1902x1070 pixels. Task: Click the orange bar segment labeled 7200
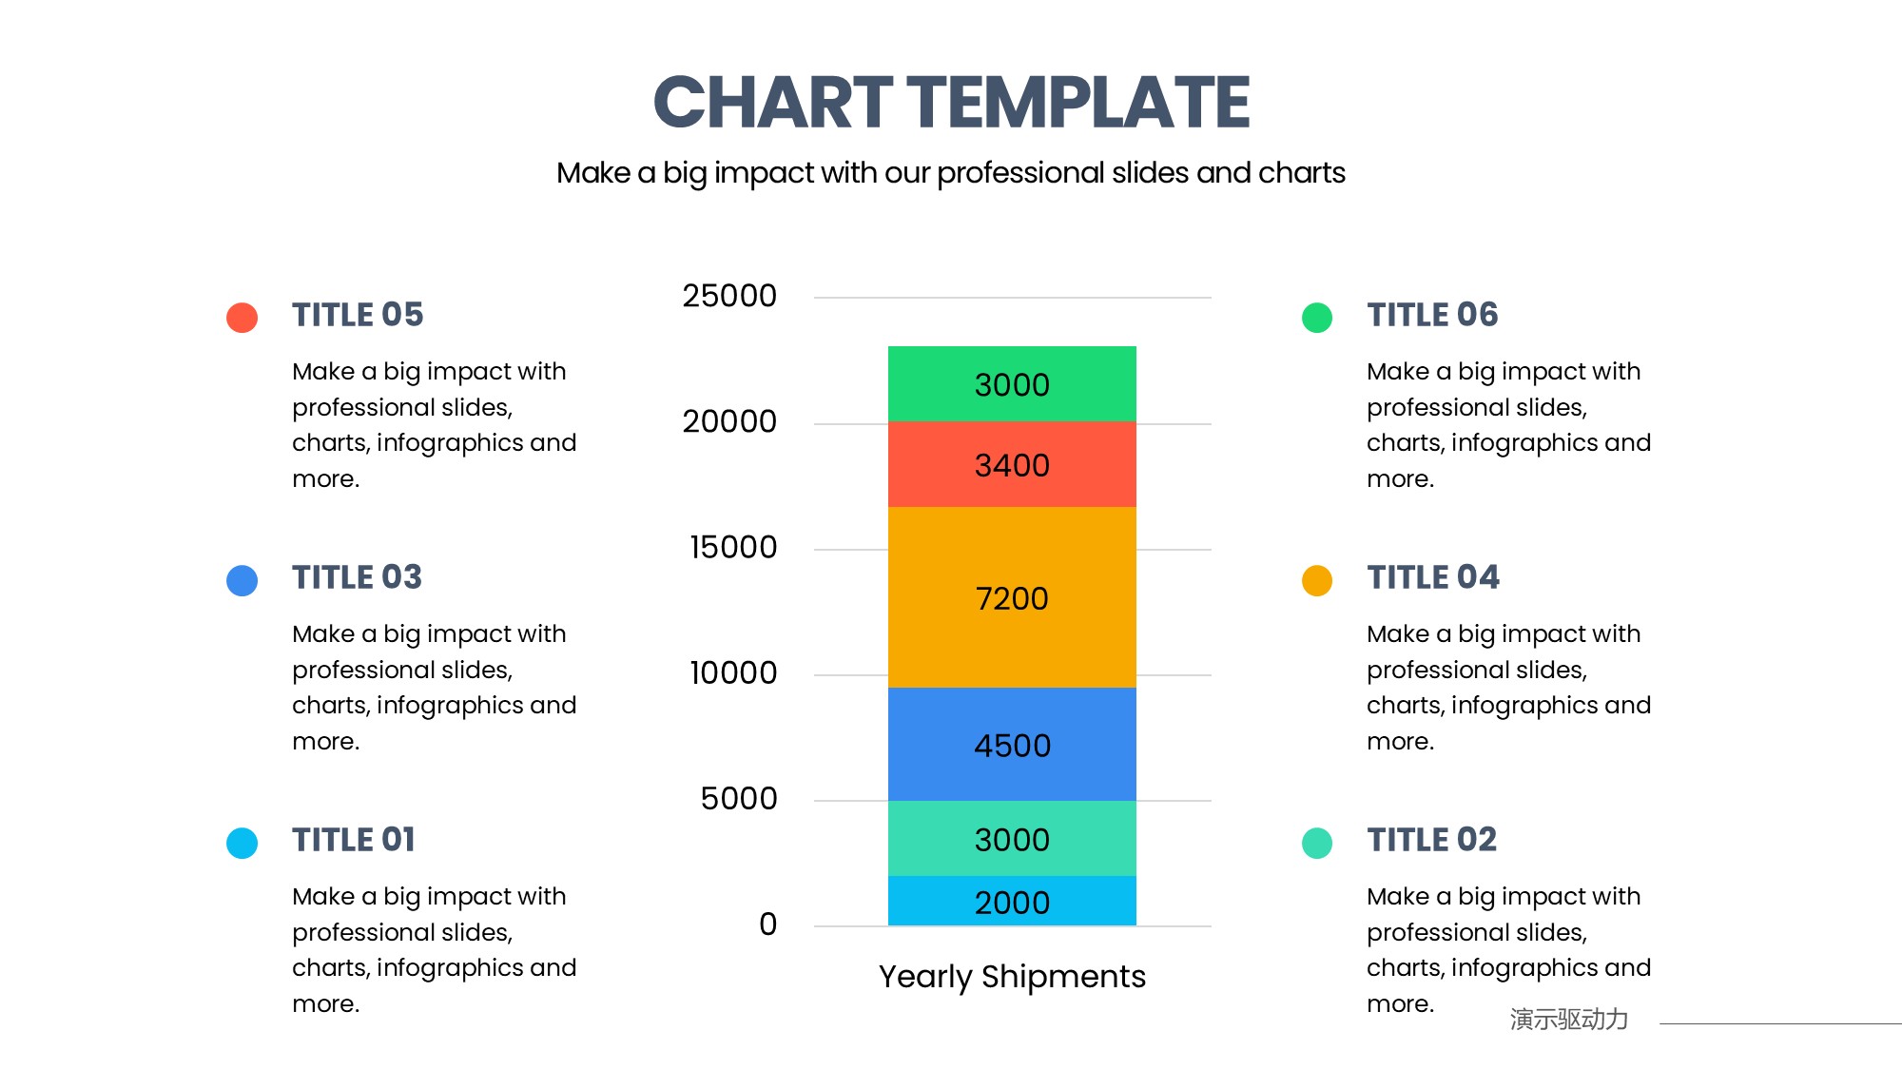click(x=1012, y=597)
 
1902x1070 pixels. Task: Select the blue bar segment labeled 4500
click(x=1012, y=744)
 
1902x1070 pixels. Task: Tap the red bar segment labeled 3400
click(x=1012, y=464)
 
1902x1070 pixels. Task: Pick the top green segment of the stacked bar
click(x=1012, y=384)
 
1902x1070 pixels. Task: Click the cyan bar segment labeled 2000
click(x=1012, y=901)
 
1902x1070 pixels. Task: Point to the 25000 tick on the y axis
click(x=729, y=296)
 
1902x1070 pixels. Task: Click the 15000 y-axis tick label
click(x=733, y=547)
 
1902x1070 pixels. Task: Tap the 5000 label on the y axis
click(x=739, y=798)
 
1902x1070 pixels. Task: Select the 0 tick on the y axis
click(x=768, y=924)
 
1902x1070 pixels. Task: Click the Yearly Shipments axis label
click(x=1012, y=977)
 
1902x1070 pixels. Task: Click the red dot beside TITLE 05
click(x=243, y=318)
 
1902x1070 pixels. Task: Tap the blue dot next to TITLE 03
click(x=243, y=580)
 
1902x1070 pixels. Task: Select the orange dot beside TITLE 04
click(x=1317, y=580)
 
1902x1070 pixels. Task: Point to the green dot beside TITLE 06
click(x=1317, y=318)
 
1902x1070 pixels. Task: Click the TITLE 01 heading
click(x=354, y=840)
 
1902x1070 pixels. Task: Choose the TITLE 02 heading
click(x=1432, y=840)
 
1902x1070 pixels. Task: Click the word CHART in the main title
click(x=773, y=102)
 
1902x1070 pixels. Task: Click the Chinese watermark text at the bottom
click(x=1569, y=1020)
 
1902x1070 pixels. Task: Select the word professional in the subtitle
click(x=1020, y=174)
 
